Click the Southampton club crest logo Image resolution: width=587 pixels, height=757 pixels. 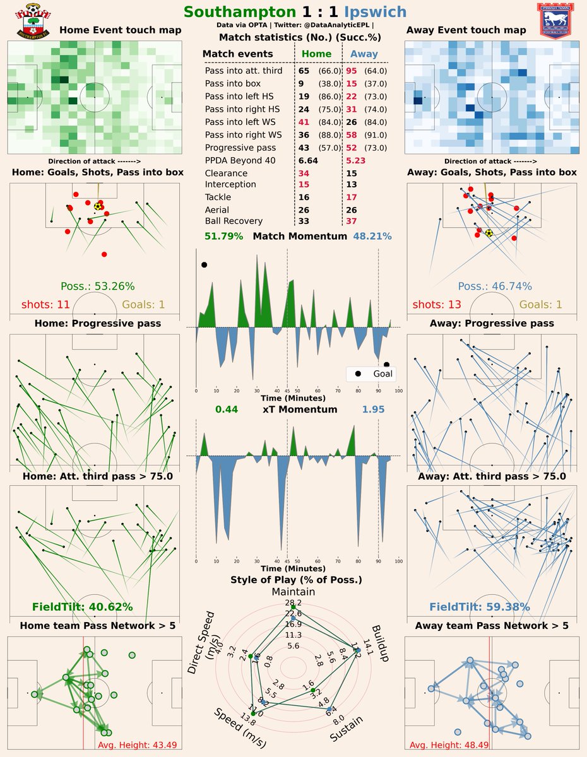click(29, 21)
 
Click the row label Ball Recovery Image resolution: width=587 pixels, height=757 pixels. click(234, 221)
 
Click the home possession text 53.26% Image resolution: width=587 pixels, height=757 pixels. click(97, 286)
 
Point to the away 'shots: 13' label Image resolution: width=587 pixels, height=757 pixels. click(437, 305)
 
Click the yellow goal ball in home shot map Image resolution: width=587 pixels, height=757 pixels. click(97, 206)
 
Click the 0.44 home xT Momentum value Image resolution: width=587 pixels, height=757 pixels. click(226, 409)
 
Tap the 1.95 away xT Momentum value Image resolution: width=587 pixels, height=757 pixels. click(373, 409)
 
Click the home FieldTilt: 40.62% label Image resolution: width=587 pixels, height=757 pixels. click(82, 607)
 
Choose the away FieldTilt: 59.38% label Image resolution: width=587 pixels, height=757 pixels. click(480, 607)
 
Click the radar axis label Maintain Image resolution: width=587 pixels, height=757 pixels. click(293, 592)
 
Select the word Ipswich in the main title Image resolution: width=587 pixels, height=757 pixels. click(375, 12)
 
